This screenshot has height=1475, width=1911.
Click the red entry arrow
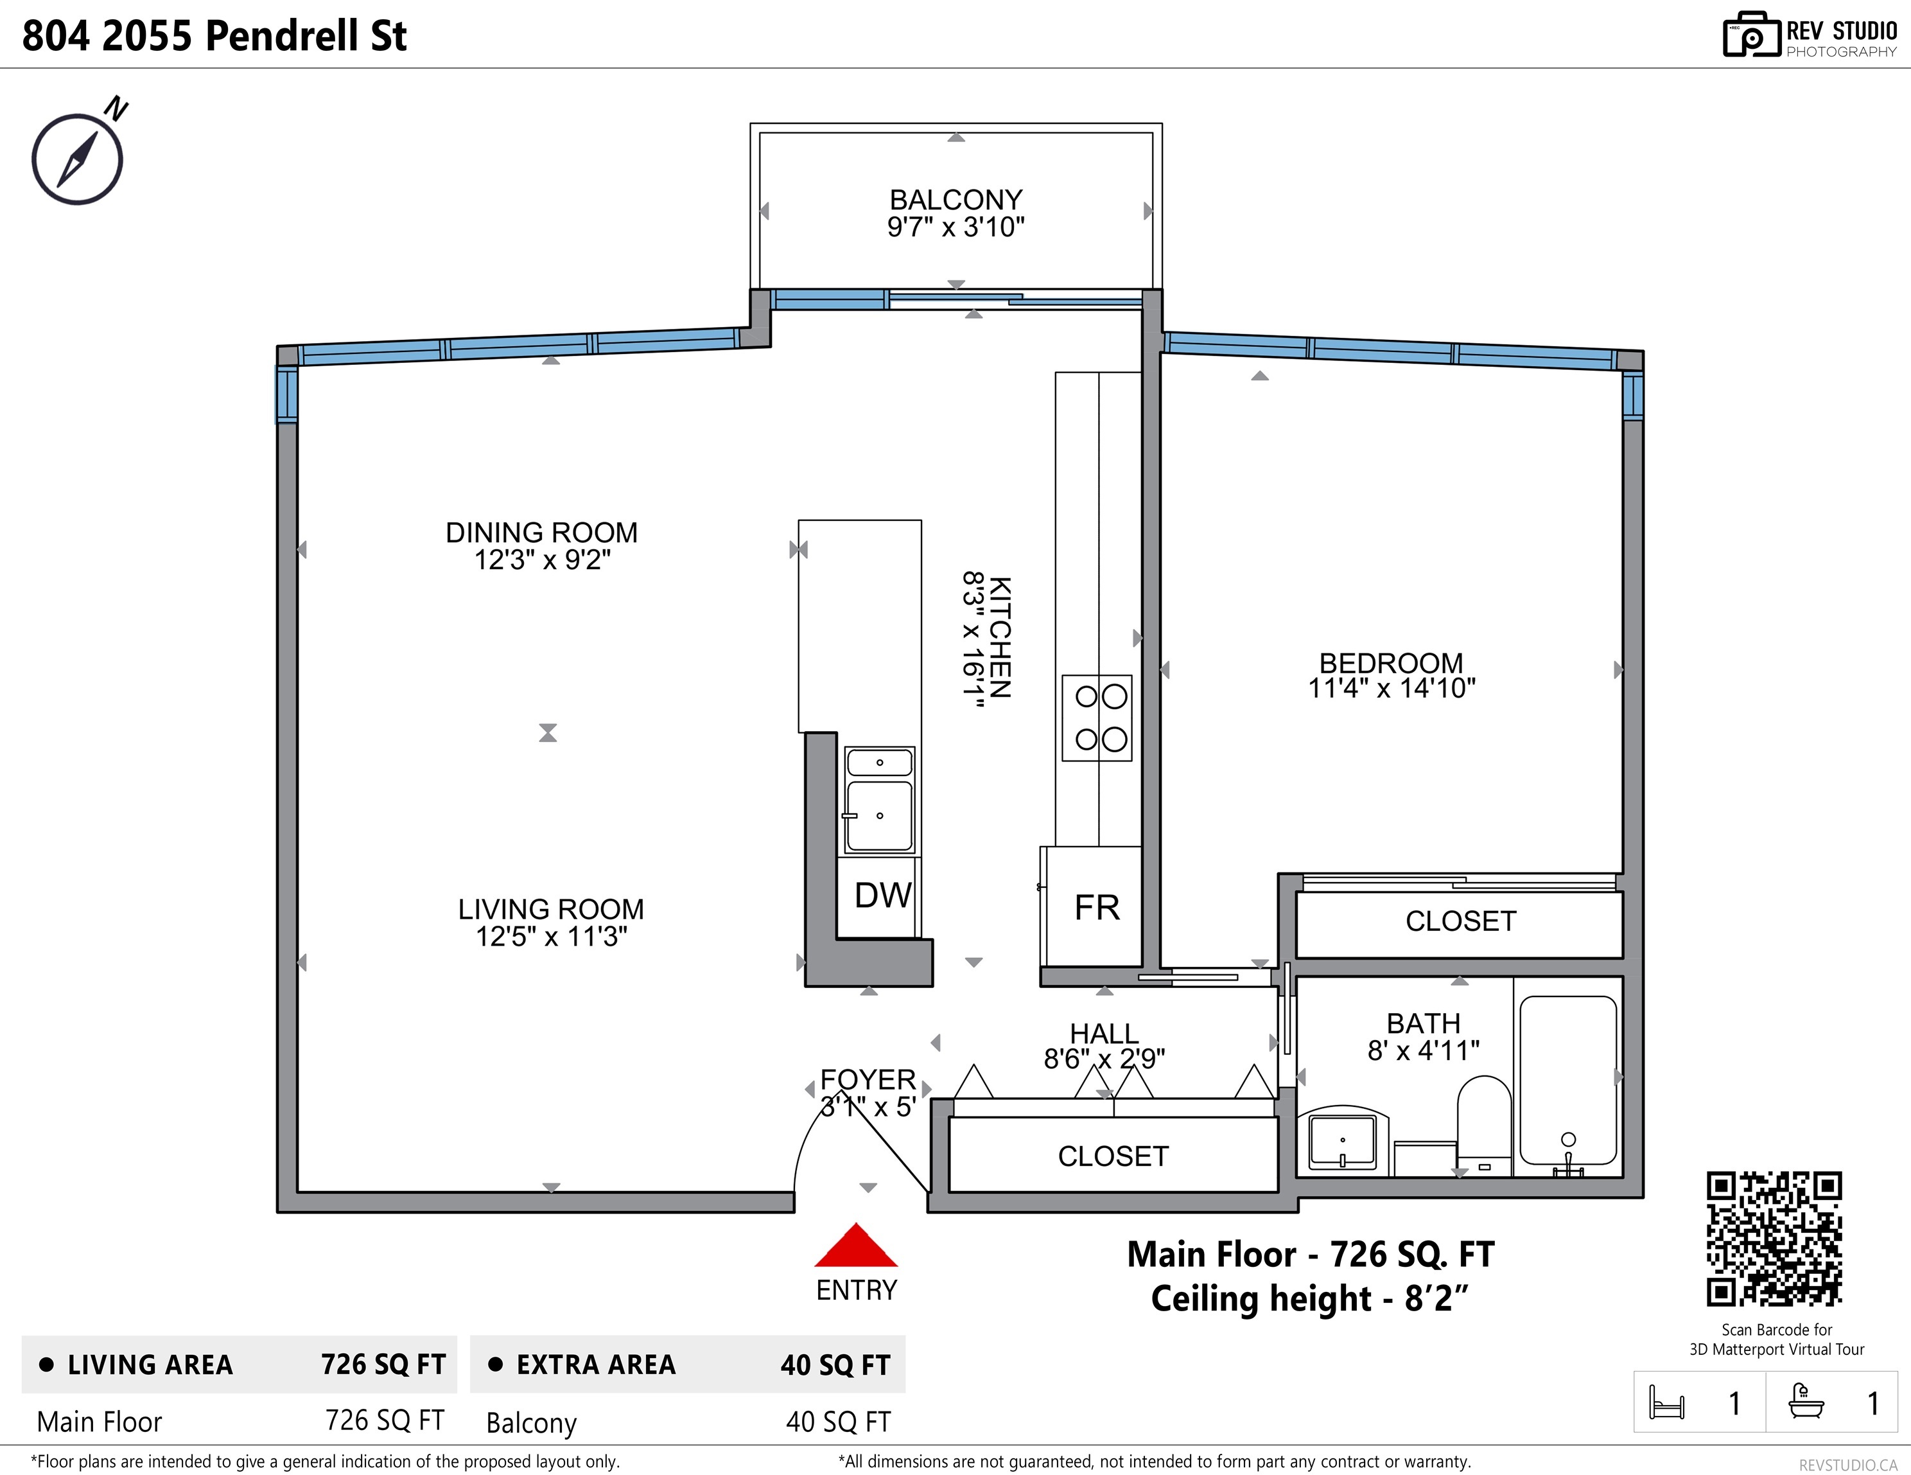coord(856,1246)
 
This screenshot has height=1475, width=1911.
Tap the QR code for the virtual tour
coord(1774,1239)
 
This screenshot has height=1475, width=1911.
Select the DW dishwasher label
coord(883,896)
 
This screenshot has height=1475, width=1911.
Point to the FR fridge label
coord(1096,908)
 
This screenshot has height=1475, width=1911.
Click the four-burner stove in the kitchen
coord(1097,718)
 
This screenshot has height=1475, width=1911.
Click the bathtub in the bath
coord(1568,1081)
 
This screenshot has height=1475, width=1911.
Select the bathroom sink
coord(1342,1140)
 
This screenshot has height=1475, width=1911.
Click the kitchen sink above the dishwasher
coord(879,800)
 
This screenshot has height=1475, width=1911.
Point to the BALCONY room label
coord(956,200)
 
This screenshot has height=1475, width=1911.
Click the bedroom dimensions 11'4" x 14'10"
coord(1392,689)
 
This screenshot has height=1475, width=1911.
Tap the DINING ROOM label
coord(541,532)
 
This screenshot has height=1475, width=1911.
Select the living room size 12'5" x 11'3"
coord(551,937)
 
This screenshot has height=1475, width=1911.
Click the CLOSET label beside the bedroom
coord(1460,921)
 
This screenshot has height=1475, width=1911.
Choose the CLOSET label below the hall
coord(1113,1156)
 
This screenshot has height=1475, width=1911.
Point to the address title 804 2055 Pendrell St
coord(214,36)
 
